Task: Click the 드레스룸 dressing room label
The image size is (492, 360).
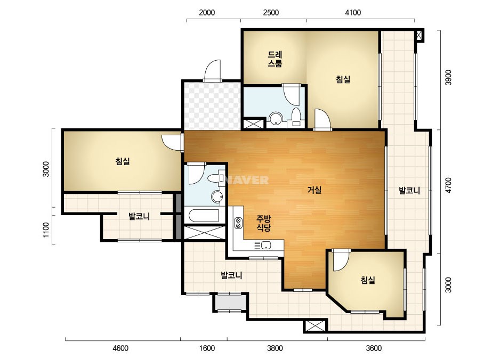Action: click(275, 59)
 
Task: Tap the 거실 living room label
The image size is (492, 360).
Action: click(314, 190)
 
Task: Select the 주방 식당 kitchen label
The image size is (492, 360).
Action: click(263, 223)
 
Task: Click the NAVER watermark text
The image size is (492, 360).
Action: click(247, 180)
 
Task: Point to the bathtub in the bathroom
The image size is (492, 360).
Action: click(204, 216)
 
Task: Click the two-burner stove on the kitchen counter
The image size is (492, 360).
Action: click(238, 223)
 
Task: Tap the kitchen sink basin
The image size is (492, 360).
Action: click(266, 245)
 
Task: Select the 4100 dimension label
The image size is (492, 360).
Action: click(353, 13)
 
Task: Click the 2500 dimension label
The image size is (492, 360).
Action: click(271, 13)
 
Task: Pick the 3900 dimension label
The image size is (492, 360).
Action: click(448, 77)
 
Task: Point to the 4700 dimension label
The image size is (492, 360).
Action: click(448, 185)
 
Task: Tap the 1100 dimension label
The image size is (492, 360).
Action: click(46, 230)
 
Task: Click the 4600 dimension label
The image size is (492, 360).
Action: click(120, 348)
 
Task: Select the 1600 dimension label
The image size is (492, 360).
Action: click(207, 348)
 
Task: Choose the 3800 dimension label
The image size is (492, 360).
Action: click(275, 348)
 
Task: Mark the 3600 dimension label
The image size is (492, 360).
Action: click(374, 348)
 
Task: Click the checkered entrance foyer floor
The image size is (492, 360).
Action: click(213, 105)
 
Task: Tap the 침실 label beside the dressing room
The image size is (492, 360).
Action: click(343, 79)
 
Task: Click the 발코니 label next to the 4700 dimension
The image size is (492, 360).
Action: click(409, 190)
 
